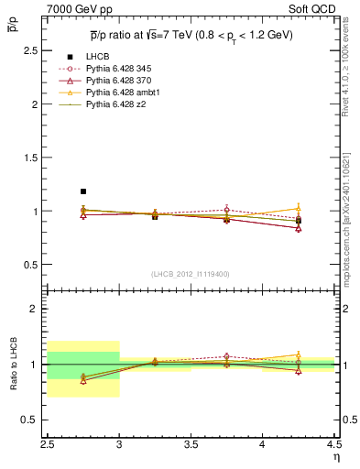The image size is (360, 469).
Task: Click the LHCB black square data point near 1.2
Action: tap(83, 191)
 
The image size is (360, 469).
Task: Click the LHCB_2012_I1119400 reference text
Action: tap(191, 274)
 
